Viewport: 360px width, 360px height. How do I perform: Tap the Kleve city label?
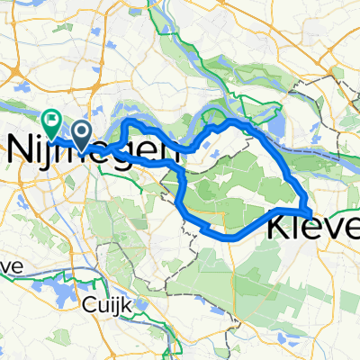[313, 230]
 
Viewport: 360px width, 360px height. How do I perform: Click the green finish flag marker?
[50, 119]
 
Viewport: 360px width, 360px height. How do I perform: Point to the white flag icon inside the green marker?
[50, 117]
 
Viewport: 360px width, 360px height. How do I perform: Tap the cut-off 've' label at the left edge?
[10, 266]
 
